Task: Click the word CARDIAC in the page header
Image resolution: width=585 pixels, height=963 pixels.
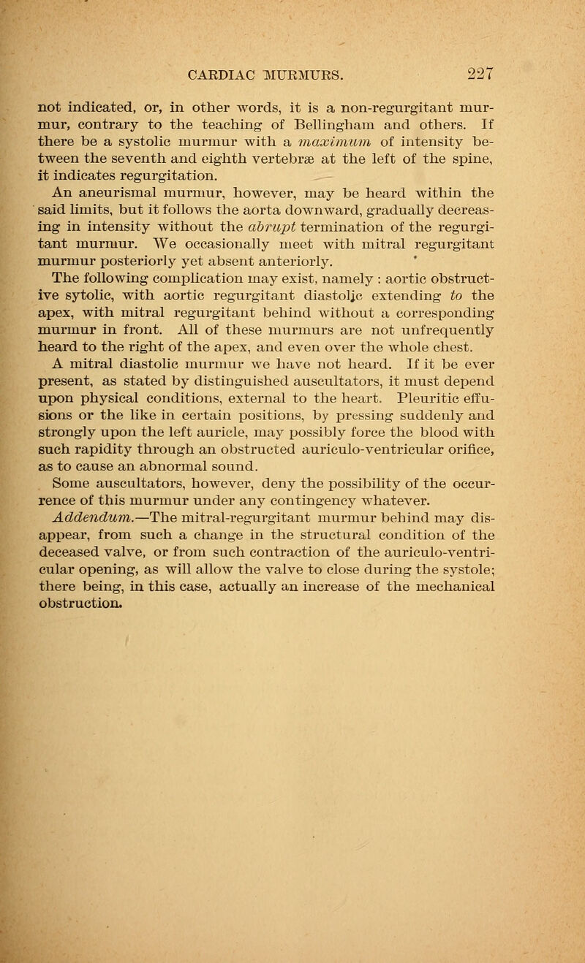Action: (218, 73)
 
